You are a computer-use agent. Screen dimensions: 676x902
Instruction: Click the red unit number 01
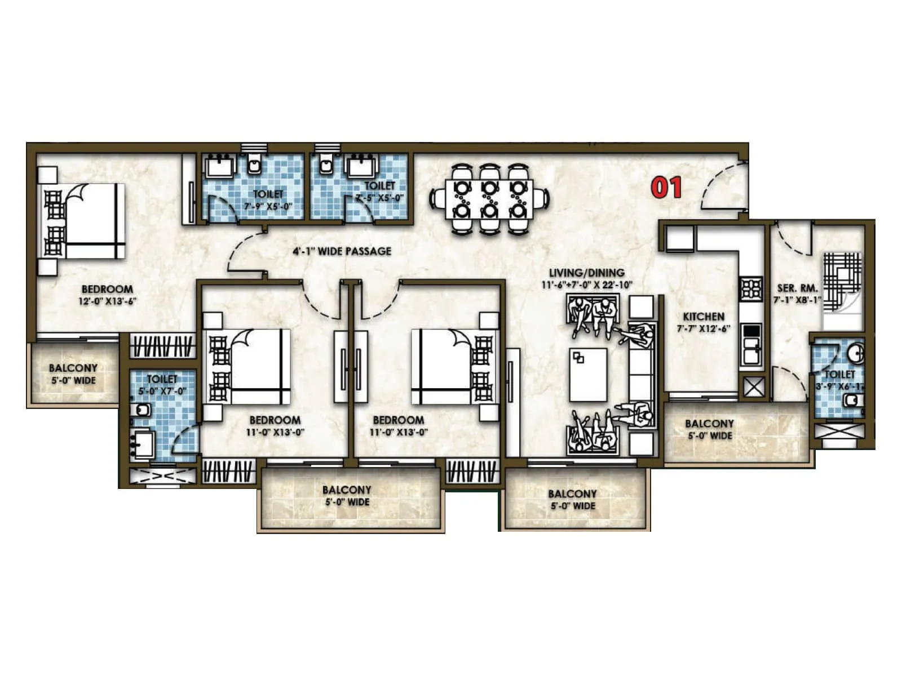pos(666,188)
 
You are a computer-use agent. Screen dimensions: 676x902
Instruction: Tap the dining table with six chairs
pos(489,199)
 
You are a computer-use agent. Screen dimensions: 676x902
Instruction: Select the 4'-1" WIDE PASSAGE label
pos(342,251)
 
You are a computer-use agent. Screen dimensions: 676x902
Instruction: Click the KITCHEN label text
pos(703,317)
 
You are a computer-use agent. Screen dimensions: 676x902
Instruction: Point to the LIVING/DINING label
pos(586,273)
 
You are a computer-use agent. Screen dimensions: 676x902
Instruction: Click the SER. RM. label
pos(797,288)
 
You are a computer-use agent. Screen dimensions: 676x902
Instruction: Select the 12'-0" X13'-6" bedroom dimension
pos(107,301)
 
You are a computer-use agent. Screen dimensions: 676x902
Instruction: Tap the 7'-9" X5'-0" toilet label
pos(268,206)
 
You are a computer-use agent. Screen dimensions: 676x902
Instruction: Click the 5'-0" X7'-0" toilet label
pos(162,391)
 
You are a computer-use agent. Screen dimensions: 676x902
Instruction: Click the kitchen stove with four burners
pos(751,289)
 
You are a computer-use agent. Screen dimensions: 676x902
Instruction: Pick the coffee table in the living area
pos(588,375)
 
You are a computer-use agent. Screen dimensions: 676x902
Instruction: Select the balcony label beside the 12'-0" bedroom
pos(73,374)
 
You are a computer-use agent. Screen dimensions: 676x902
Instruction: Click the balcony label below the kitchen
pos(709,429)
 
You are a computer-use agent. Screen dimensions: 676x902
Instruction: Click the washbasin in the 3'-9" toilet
pos(856,353)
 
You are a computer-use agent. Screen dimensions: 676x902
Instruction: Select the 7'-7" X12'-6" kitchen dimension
pos(703,329)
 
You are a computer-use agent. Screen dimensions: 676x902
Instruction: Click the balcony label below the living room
pos(572,500)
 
